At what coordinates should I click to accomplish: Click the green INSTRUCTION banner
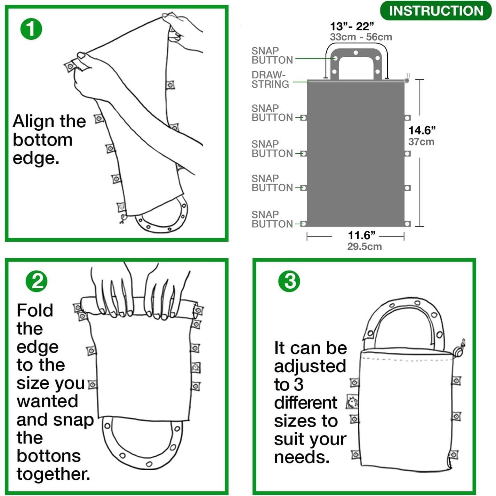[x=435, y=11]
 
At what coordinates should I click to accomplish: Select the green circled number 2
[x=37, y=281]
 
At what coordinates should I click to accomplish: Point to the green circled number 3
[x=289, y=281]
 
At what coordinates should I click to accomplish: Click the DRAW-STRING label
[x=270, y=80]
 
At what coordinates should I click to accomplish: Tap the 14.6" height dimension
[x=422, y=130]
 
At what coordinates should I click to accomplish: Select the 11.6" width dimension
[x=362, y=235]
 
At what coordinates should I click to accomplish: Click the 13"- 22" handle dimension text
[x=352, y=26]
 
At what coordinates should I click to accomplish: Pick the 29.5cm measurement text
[x=364, y=247]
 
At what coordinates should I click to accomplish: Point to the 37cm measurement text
[x=421, y=142]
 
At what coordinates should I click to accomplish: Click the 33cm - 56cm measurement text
[x=361, y=37]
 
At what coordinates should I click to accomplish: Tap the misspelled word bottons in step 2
[x=49, y=456]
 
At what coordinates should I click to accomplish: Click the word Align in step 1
[x=34, y=121]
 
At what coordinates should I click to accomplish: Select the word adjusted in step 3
[x=310, y=366]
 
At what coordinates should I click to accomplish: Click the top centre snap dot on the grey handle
[x=355, y=53]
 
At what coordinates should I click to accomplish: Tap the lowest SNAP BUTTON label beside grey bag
[x=272, y=219]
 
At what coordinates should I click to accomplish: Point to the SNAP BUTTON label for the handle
[x=272, y=56]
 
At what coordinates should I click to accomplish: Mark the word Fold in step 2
[x=35, y=310]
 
